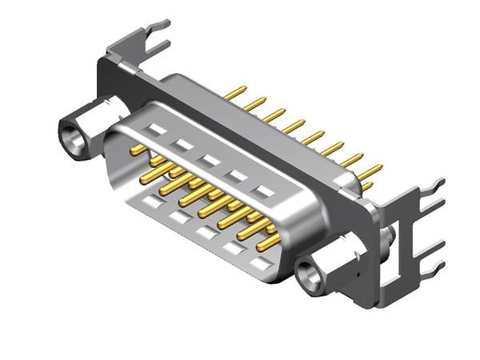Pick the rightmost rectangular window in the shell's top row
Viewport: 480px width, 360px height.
tap(263, 191)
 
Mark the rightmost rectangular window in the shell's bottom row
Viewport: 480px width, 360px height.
tap(258, 262)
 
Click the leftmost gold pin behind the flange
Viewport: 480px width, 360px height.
tap(234, 94)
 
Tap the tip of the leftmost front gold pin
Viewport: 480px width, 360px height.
tap(134, 150)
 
